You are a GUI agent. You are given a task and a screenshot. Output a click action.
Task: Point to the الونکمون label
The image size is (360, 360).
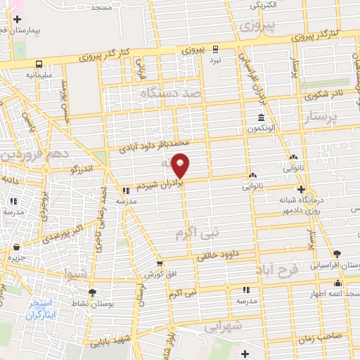pos(261,129)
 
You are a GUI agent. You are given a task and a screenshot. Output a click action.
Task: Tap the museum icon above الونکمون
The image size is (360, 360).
pos(261,117)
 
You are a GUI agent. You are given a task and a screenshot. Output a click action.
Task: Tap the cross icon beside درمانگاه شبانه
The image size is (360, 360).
pos(302,189)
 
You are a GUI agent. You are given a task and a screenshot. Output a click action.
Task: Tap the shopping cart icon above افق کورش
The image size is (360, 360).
pos(160,262)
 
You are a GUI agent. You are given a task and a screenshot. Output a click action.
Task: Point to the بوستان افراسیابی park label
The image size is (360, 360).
pos(337,263)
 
